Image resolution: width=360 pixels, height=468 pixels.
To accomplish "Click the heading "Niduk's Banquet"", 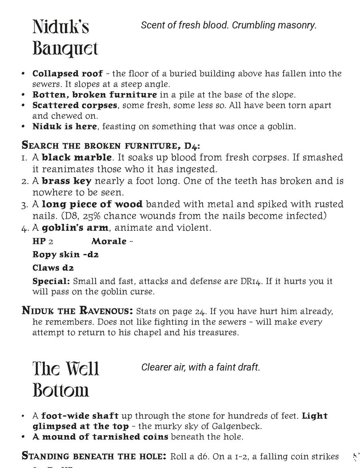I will pos(65,38).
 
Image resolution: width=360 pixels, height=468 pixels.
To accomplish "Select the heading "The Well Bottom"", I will pos(66,379).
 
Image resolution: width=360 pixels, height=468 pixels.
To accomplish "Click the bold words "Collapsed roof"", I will pos(67,74).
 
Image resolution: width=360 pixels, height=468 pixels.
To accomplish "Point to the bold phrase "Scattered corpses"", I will pos(75,105).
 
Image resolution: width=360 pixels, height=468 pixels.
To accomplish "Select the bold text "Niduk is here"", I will pos(64,127).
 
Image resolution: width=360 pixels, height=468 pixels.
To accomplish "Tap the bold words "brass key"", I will pos(66,181).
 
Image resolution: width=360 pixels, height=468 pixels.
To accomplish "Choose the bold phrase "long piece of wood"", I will pos(92,204).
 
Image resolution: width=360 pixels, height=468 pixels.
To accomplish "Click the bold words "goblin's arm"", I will pos(75,228).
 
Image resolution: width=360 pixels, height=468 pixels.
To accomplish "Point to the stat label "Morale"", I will pos(109,242).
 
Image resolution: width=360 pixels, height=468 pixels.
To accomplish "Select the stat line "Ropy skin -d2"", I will pos(65,255).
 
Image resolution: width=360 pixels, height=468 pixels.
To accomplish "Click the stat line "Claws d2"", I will pos(53,268).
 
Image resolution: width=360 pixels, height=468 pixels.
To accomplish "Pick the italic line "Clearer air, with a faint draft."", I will pos(201,367).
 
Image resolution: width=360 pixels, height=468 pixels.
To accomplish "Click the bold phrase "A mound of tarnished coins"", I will pos(100,437).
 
